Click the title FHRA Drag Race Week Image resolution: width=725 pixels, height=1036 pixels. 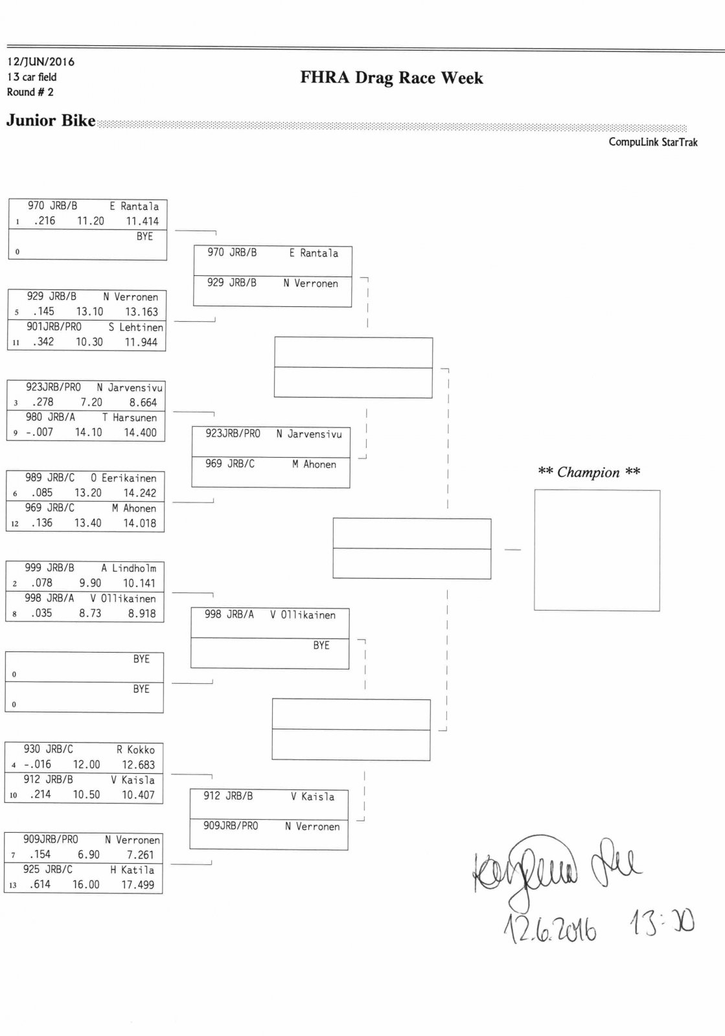pyautogui.click(x=391, y=78)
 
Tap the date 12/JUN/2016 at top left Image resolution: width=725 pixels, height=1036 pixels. pyautogui.click(x=41, y=62)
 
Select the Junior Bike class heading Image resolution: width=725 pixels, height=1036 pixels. pyautogui.click(x=51, y=120)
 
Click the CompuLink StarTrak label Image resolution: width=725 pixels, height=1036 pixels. pyautogui.click(x=652, y=142)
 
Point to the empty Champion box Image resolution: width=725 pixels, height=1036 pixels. pyautogui.click(x=597, y=550)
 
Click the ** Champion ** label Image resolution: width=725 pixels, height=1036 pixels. pyautogui.click(x=589, y=472)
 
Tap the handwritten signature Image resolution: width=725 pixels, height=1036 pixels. pyautogui.click(x=557, y=871)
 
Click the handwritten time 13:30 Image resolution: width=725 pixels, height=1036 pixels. pyautogui.click(x=661, y=923)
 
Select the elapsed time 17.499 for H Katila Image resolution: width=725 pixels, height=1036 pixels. pyautogui.click(x=138, y=884)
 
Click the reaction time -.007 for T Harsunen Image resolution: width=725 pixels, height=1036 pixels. pyautogui.click(x=40, y=433)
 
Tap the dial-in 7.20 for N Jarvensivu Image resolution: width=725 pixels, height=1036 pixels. pyautogui.click(x=91, y=402)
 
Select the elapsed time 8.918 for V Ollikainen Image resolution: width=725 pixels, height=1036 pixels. pyautogui.click(x=142, y=613)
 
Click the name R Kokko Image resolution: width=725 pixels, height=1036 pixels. pyautogui.click(x=135, y=750)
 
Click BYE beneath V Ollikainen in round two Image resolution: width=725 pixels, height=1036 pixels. pyautogui.click(x=321, y=646)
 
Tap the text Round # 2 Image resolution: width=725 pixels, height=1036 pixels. pyautogui.click(x=30, y=92)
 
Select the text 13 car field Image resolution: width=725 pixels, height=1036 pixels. pyautogui.click(x=32, y=77)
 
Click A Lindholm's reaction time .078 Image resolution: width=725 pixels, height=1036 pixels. pyautogui.click(x=41, y=583)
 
